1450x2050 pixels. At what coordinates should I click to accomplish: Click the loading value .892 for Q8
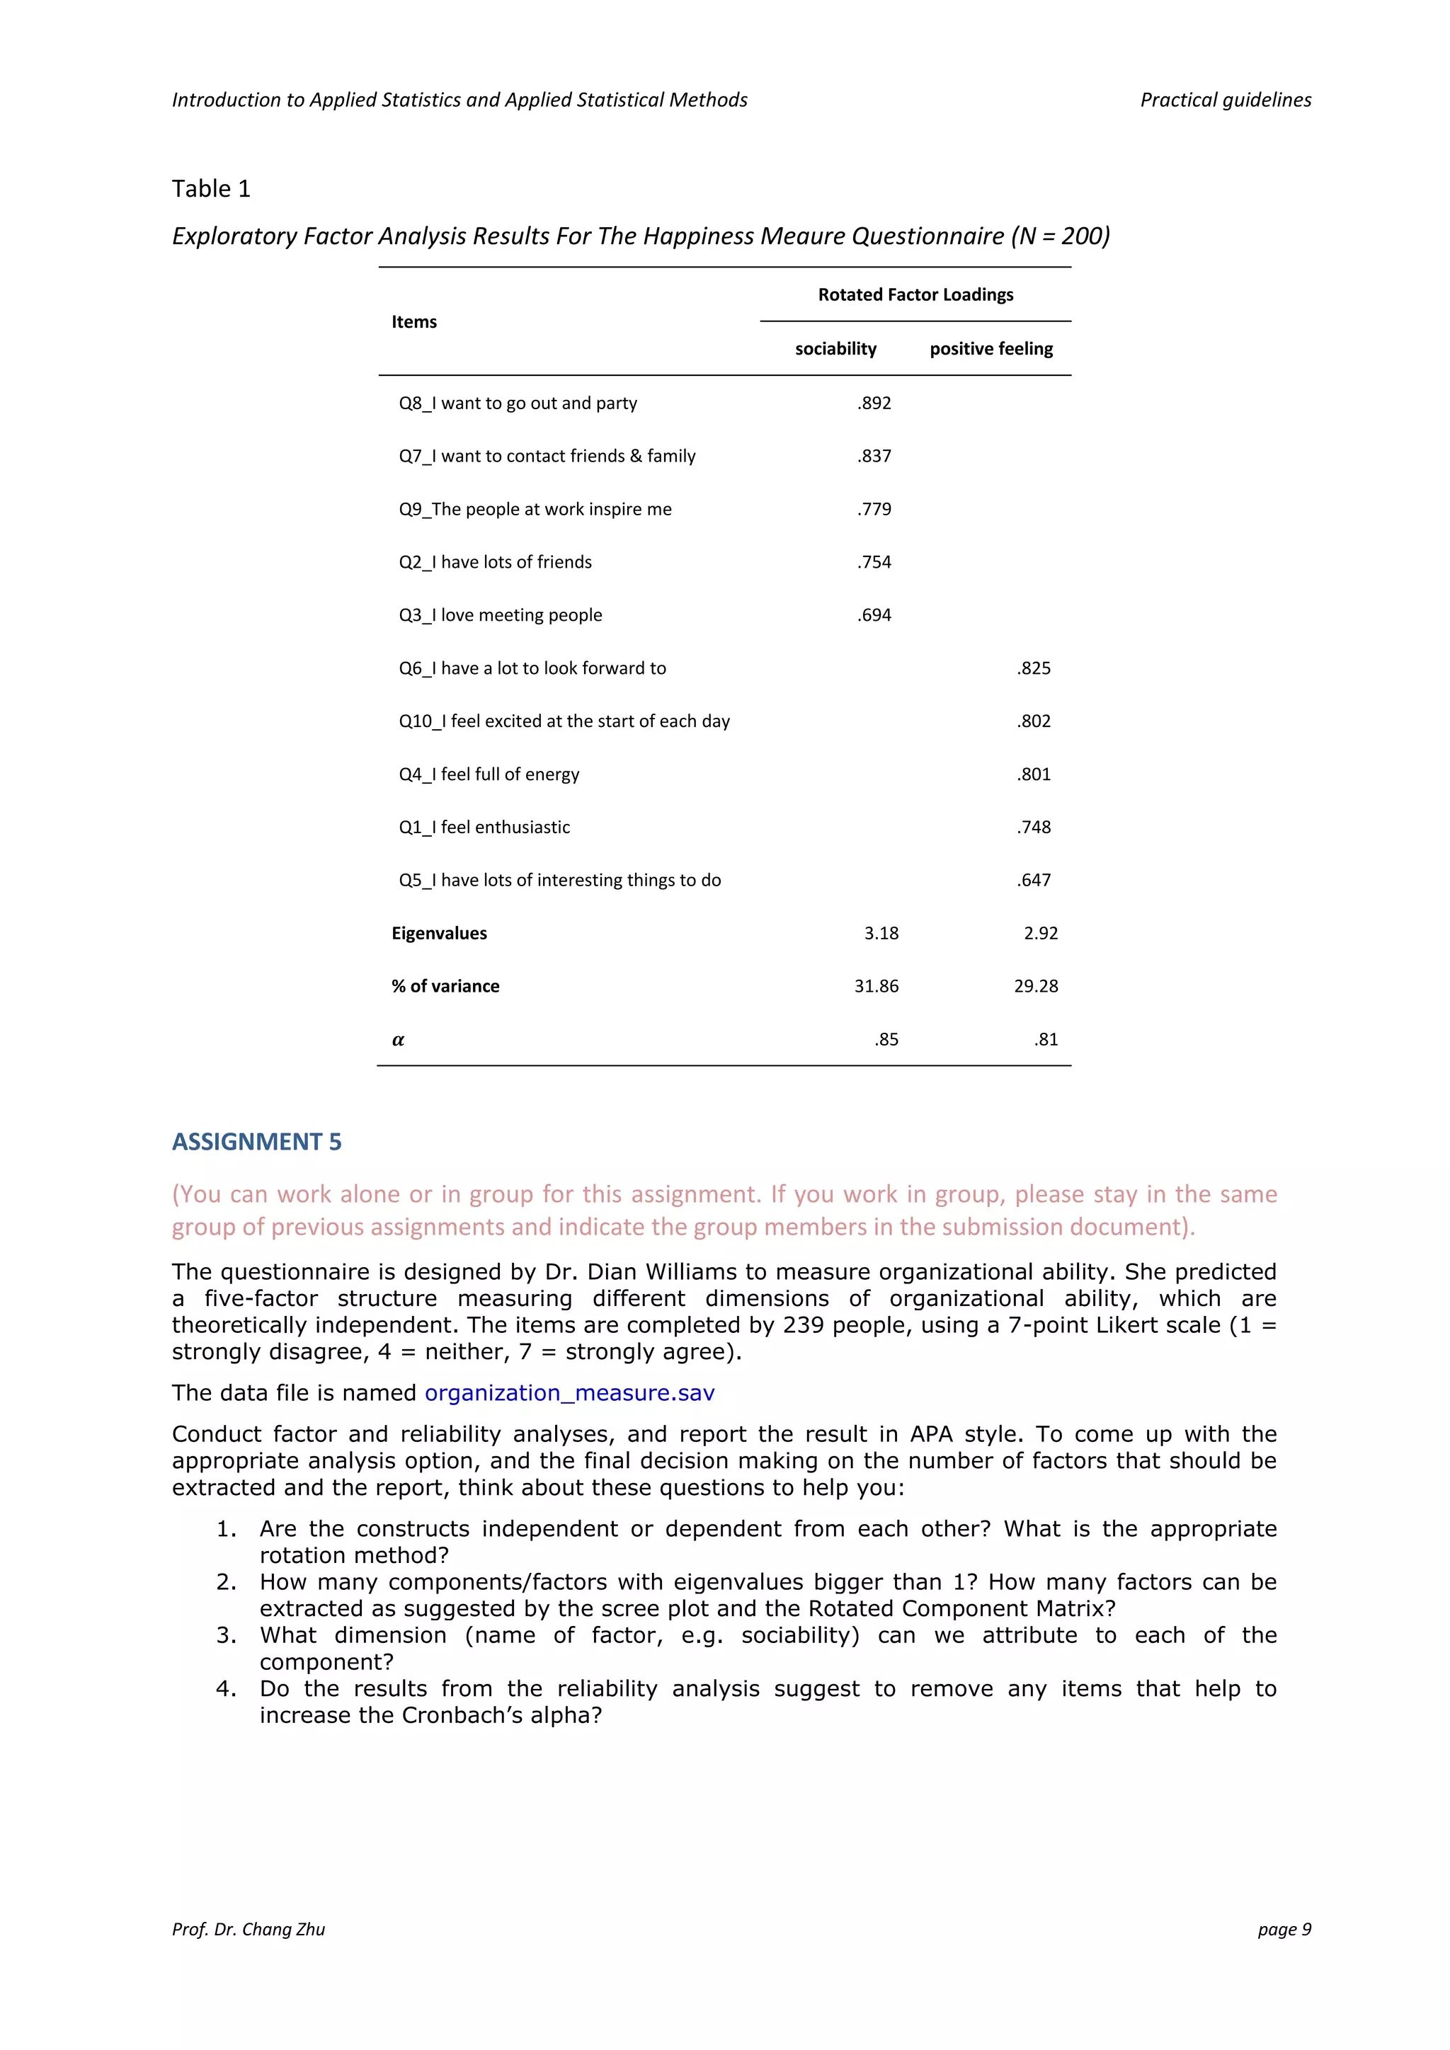coord(874,403)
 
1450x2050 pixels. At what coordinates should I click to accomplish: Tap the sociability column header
coord(835,348)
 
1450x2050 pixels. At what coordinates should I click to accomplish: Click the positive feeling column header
coord(991,348)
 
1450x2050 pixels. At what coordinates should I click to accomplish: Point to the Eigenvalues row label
coord(438,933)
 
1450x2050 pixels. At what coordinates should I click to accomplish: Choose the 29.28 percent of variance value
coord(1035,986)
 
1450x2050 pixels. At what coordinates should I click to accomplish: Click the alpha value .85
coord(886,1039)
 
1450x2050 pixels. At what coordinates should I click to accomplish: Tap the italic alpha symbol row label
coord(398,1039)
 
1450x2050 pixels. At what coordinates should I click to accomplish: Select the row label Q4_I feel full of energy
coord(489,774)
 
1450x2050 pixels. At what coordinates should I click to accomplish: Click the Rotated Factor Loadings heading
coord(915,294)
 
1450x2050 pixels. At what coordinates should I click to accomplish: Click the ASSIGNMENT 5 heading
coord(256,1141)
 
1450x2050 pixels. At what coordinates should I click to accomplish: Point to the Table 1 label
coord(211,188)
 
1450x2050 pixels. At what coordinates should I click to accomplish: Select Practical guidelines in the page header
coord(1225,100)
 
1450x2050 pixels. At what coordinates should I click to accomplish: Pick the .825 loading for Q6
coord(1033,668)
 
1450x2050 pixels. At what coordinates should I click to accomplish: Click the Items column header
coord(413,321)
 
